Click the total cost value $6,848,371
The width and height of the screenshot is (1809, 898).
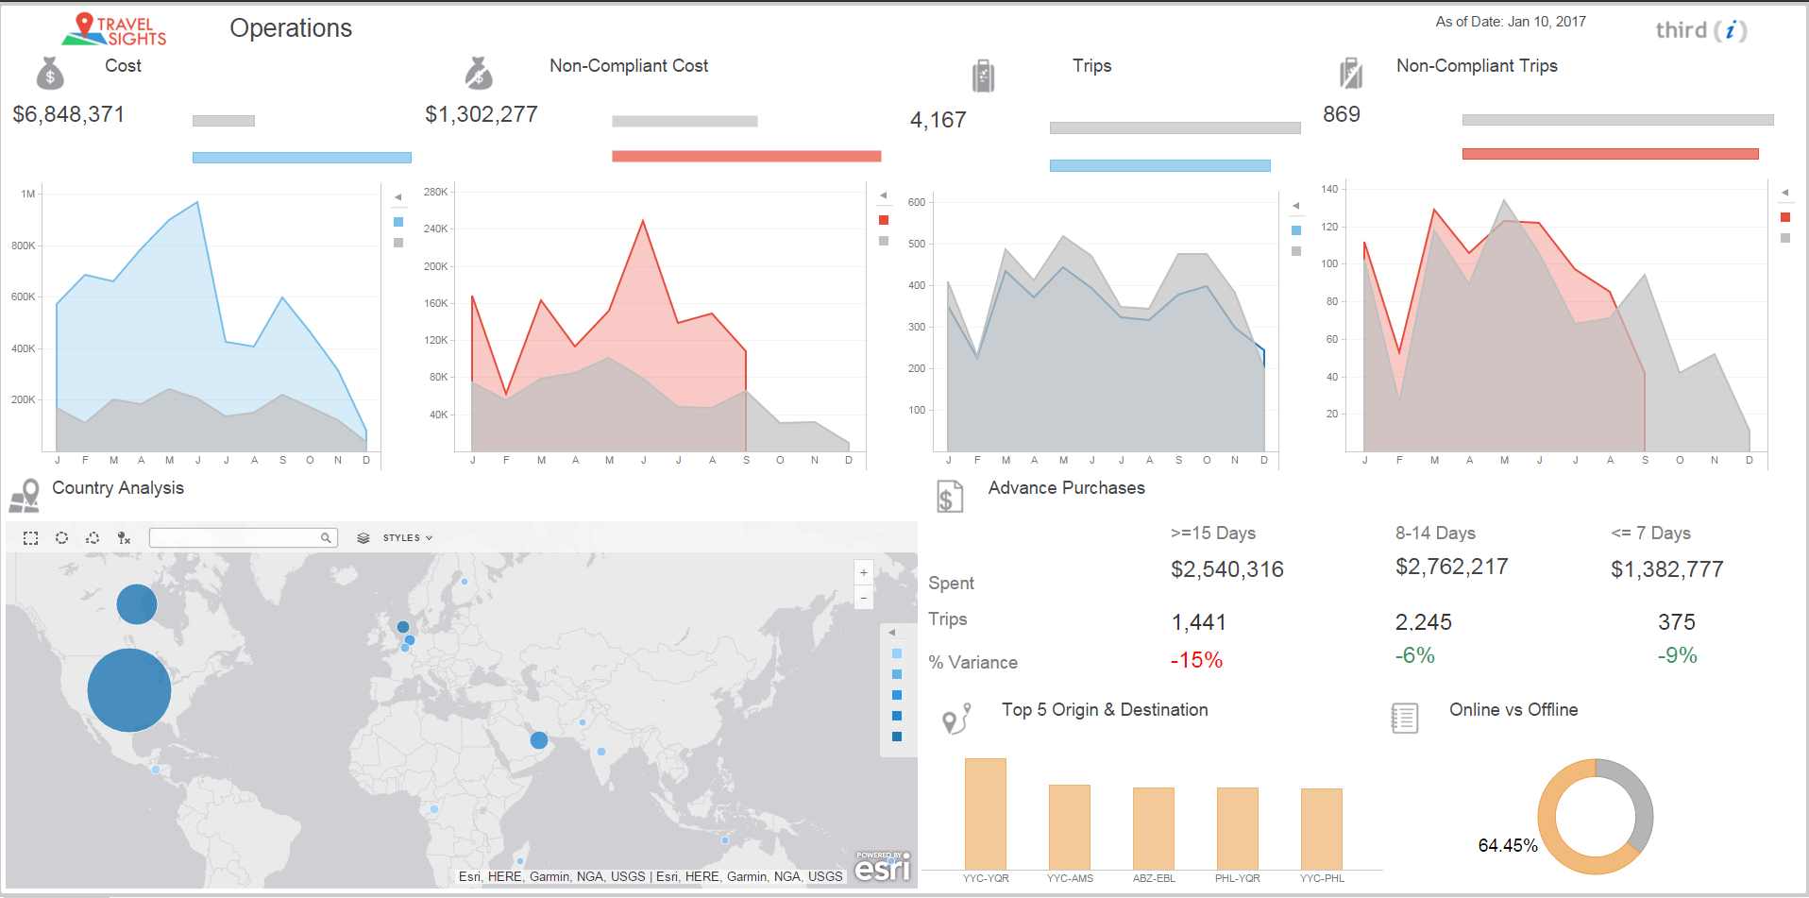pos(68,114)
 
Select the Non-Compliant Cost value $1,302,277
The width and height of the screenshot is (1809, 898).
pos(481,114)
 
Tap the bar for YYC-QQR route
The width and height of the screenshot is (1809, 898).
pos(985,813)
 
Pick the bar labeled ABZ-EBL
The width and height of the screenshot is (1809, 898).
pos(1153,828)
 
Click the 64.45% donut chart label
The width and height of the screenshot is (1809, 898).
pos(1507,845)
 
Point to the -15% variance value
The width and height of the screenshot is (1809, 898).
pos(1196,660)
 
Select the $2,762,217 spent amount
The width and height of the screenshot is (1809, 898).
pos(1451,567)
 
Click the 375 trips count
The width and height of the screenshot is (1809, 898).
pos(1676,622)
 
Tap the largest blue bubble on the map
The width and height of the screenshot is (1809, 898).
pos(129,690)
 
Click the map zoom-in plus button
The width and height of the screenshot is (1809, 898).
pos(863,572)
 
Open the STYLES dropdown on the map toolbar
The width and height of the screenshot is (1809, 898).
pos(407,537)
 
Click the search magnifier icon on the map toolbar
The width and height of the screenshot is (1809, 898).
pos(326,537)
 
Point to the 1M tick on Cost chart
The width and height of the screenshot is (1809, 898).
pos(28,194)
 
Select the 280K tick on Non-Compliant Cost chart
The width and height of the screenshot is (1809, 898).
pos(435,192)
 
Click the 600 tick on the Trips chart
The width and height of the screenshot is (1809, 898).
pos(916,202)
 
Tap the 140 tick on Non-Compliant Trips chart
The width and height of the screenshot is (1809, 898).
pos(1329,189)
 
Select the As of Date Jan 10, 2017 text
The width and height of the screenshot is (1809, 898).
pos(1510,22)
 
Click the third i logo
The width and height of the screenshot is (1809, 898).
pos(1700,30)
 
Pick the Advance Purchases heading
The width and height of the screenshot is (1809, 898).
pos(1066,488)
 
